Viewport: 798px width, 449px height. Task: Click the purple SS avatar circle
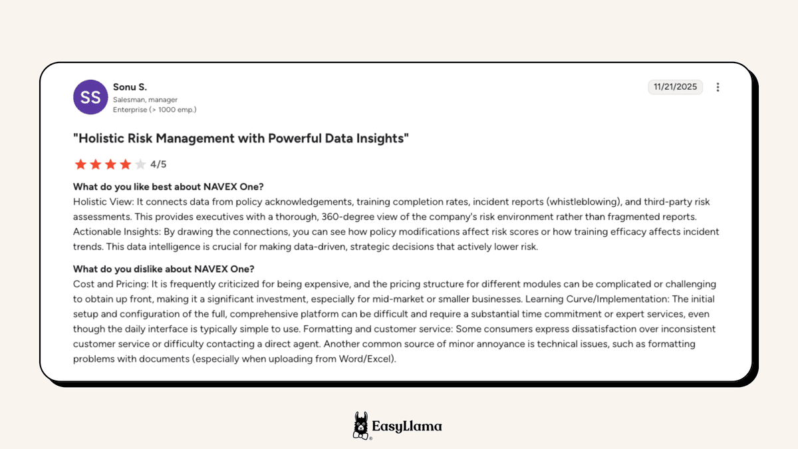point(90,97)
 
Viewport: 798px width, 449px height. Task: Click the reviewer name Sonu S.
point(130,87)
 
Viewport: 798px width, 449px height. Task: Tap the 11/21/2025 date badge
point(675,87)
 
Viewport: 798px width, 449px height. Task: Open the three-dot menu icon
point(718,87)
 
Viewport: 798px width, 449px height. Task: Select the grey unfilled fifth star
point(140,164)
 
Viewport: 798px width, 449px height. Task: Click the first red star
point(80,164)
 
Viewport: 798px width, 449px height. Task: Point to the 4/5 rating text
point(158,164)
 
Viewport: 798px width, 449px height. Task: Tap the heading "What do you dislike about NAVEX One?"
point(164,269)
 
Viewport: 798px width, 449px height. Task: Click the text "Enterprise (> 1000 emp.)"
point(154,110)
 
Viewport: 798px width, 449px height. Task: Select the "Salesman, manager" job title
point(145,100)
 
